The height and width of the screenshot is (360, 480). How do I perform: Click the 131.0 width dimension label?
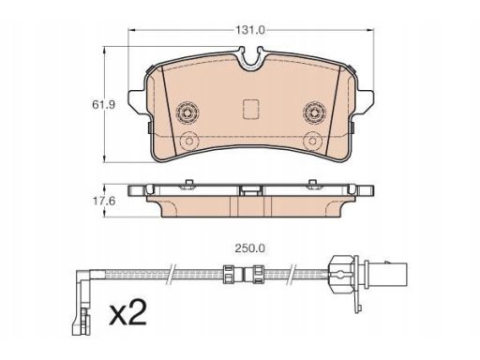pyautogui.click(x=250, y=30)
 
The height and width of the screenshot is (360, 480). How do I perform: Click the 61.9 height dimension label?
pyautogui.click(x=103, y=105)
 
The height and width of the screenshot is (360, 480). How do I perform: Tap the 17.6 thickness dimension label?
pyautogui.click(x=103, y=201)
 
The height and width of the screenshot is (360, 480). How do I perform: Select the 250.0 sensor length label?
pyautogui.click(x=249, y=248)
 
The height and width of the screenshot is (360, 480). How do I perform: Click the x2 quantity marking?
pyautogui.click(x=127, y=311)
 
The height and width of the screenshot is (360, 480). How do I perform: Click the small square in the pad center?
pyautogui.click(x=250, y=109)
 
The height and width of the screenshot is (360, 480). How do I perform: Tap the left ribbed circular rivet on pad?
pyautogui.click(x=187, y=112)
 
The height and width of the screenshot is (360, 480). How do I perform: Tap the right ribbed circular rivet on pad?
pyautogui.click(x=315, y=112)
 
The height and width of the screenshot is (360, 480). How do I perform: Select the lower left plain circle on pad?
pyautogui.click(x=188, y=141)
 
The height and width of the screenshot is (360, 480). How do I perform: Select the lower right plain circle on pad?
pyautogui.click(x=313, y=141)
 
